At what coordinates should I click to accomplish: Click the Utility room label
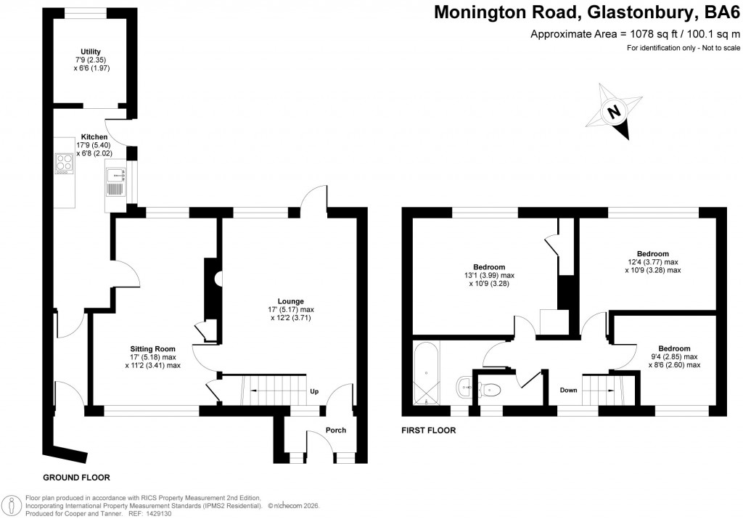[91, 51]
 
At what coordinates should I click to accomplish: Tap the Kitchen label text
[94, 137]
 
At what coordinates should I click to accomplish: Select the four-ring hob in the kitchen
[64, 163]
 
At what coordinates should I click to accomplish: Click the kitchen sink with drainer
[115, 181]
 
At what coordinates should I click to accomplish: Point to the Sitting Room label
[153, 348]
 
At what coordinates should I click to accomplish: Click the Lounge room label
[290, 301]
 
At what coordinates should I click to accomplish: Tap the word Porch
[335, 430]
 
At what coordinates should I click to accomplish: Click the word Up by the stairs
[314, 391]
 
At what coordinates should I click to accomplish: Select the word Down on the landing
[568, 391]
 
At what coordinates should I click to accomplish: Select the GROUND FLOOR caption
[76, 478]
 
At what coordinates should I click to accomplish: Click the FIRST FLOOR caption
[429, 430]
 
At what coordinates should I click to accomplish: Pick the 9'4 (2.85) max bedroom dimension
[674, 357]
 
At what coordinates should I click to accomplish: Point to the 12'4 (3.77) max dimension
[653, 262]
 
